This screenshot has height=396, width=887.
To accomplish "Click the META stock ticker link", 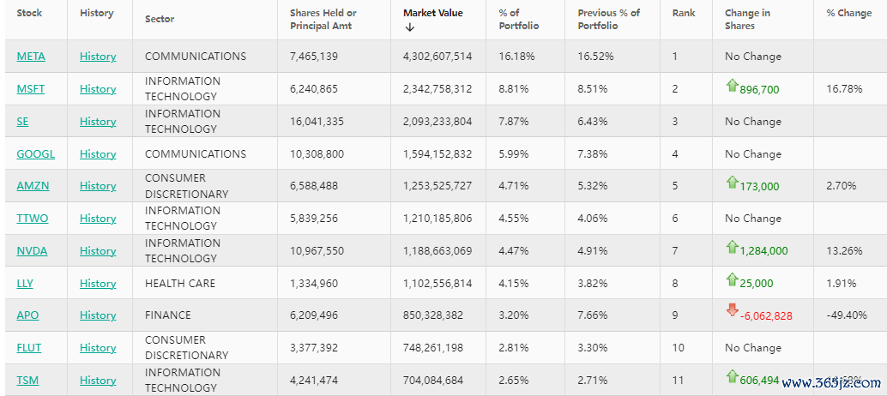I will (x=31, y=57).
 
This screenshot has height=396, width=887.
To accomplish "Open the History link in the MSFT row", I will (x=98, y=89).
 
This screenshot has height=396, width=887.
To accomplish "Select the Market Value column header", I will (x=432, y=13).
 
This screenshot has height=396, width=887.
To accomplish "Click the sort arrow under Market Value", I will (x=410, y=27).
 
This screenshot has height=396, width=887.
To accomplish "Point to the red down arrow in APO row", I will (x=732, y=310).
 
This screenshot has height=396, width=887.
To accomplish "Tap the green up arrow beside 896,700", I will (x=732, y=85).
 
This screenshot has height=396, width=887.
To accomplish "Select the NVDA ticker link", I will (x=32, y=251).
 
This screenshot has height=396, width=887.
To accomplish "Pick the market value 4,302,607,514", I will (x=437, y=57).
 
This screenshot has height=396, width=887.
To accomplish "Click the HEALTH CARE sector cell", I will (x=180, y=283).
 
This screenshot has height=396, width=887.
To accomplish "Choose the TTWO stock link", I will (x=33, y=219).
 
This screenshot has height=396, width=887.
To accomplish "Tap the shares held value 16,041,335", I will (x=317, y=122).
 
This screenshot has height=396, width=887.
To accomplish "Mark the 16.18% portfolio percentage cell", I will (x=516, y=57).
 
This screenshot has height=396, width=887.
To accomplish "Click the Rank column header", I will (x=684, y=13).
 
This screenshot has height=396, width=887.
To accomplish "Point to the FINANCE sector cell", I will (x=168, y=315).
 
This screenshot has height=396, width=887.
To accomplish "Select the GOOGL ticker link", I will (x=35, y=154).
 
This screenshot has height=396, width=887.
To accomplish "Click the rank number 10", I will (x=678, y=348).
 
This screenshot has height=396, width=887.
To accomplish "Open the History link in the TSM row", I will (x=98, y=381).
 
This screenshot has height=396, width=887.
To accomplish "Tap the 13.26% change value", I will (x=842, y=251).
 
